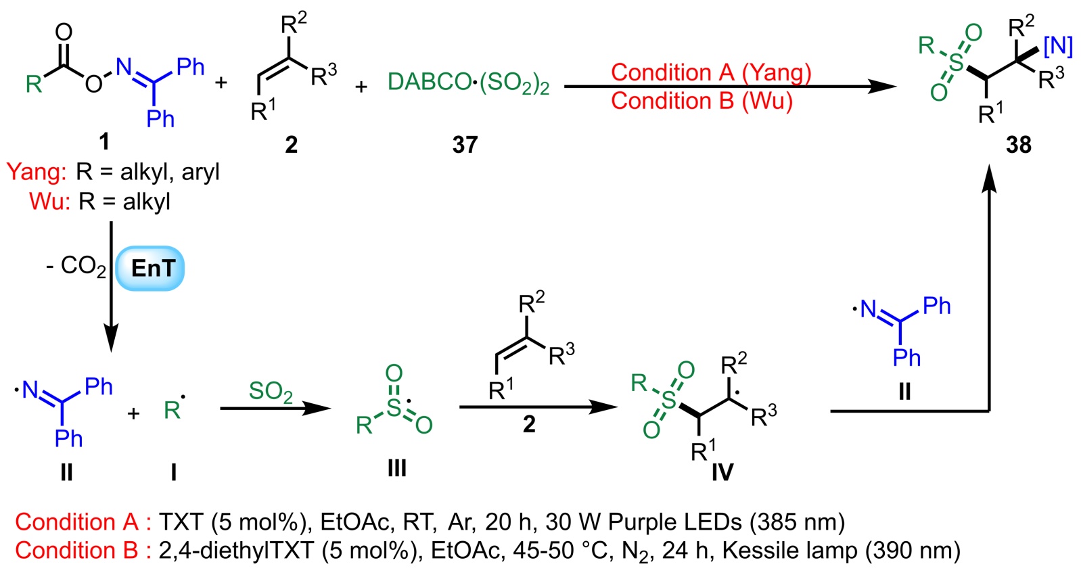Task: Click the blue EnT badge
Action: [150, 269]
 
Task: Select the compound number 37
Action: [465, 144]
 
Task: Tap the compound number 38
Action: [1018, 144]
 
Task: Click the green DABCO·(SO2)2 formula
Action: [468, 83]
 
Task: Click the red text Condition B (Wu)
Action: [701, 101]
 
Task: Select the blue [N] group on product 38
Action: [1058, 46]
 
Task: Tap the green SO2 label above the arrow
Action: [271, 392]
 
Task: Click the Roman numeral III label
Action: [396, 467]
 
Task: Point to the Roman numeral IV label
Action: [722, 471]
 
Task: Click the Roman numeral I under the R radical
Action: [173, 471]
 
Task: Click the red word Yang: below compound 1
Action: [37, 172]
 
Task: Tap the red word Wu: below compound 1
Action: [49, 202]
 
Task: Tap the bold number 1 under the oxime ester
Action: [104, 141]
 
